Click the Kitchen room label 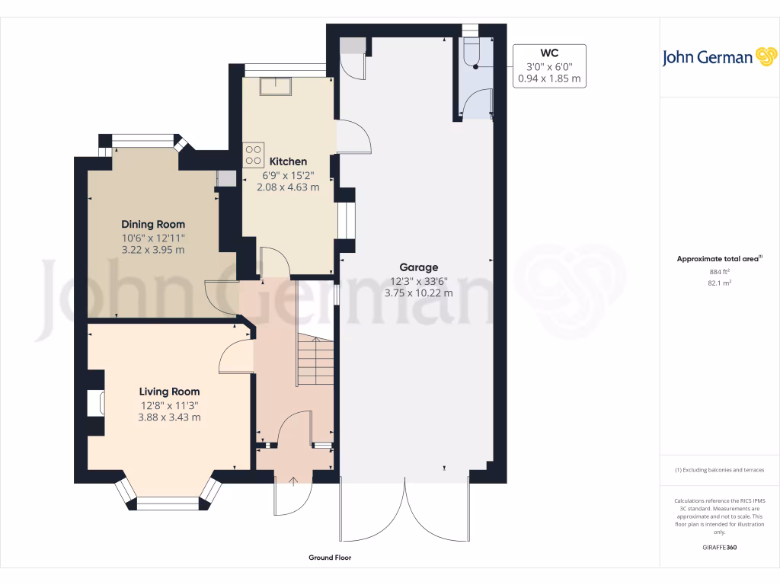click(288, 161)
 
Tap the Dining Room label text click(153, 224)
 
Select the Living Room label click(169, 392)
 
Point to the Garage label click(419, 267)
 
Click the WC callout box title click(549, 53)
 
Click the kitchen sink click(275, 87)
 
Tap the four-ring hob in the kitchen click(253, 155)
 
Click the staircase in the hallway click(314, 359)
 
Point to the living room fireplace click(95, 403)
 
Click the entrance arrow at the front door click(295, 480)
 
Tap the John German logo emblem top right click(764, 57)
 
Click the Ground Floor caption click(330, 558)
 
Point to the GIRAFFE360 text click(719, 547)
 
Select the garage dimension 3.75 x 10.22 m click(419, 292)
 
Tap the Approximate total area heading click(718, 259)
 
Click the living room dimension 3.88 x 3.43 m click(169, 417)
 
